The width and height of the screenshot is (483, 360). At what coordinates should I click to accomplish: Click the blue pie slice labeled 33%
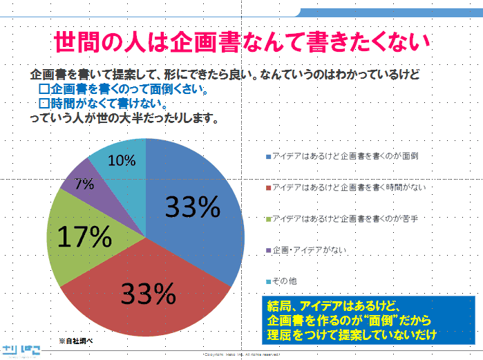click(197, 207)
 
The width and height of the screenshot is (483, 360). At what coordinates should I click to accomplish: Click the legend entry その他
click(284, 282)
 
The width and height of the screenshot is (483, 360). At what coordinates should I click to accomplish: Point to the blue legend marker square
click(268, 156)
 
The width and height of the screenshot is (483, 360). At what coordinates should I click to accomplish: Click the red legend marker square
click(268, 188)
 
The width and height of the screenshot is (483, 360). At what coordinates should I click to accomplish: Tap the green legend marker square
click(268, 219)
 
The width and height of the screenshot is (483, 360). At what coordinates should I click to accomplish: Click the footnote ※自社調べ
click(75, 341)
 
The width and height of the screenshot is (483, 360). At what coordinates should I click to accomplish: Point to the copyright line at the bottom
click(241, 354)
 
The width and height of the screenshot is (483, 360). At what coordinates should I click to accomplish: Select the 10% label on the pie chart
click(122, 160)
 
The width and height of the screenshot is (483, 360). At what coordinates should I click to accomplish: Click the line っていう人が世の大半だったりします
click(124, 118)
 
